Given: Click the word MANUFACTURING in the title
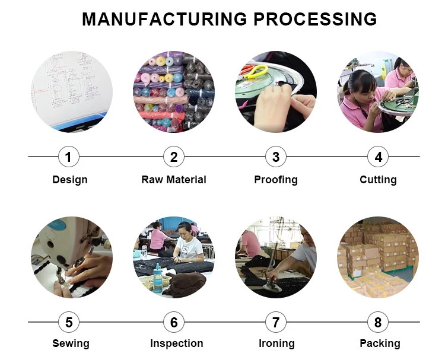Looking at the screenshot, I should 165,19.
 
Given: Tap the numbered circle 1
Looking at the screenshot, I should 69,157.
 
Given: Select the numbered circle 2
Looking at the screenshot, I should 174,157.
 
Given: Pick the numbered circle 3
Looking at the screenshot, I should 276,157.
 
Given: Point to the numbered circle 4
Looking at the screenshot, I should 378,157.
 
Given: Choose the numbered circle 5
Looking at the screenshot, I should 69,323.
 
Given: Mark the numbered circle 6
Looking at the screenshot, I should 174,323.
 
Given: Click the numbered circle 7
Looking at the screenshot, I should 276,323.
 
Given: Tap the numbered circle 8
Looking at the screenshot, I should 378,323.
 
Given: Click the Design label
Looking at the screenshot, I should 69,180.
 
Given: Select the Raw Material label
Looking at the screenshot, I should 174,180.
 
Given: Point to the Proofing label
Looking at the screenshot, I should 276,180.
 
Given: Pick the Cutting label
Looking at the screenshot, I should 378,180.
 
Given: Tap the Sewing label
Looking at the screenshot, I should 71,343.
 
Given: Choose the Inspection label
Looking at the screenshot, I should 176,343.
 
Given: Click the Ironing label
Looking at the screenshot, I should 276,343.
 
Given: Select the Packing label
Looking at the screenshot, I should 380,343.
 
